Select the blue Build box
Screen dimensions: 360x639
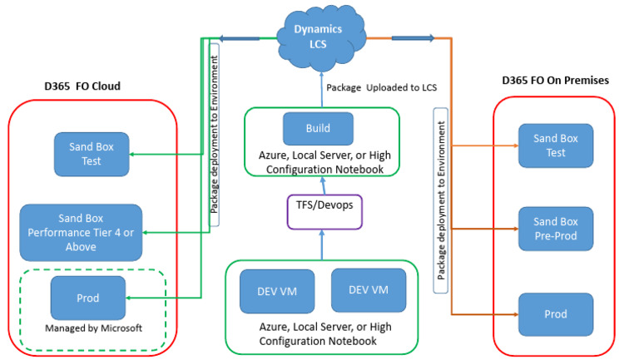[x=318, y=129]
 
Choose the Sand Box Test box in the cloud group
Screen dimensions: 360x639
[x=92, y=154]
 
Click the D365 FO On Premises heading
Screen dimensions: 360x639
[x=555, y=80]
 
